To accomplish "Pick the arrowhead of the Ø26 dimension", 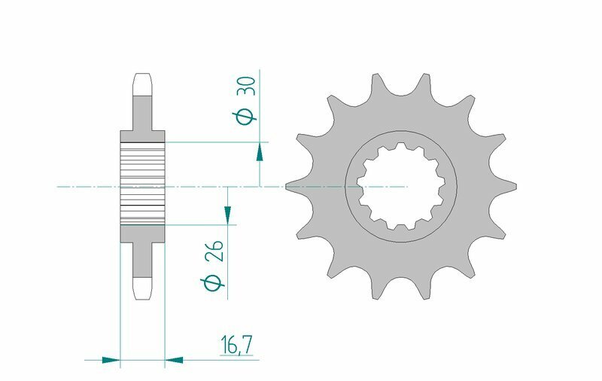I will tap(227, 215).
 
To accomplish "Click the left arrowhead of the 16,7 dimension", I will tap(111, 360).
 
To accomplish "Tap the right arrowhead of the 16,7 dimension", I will tap(174, 360).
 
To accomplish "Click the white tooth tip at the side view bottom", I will tap(142, 287).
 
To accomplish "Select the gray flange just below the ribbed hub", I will tap(142, 233).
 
